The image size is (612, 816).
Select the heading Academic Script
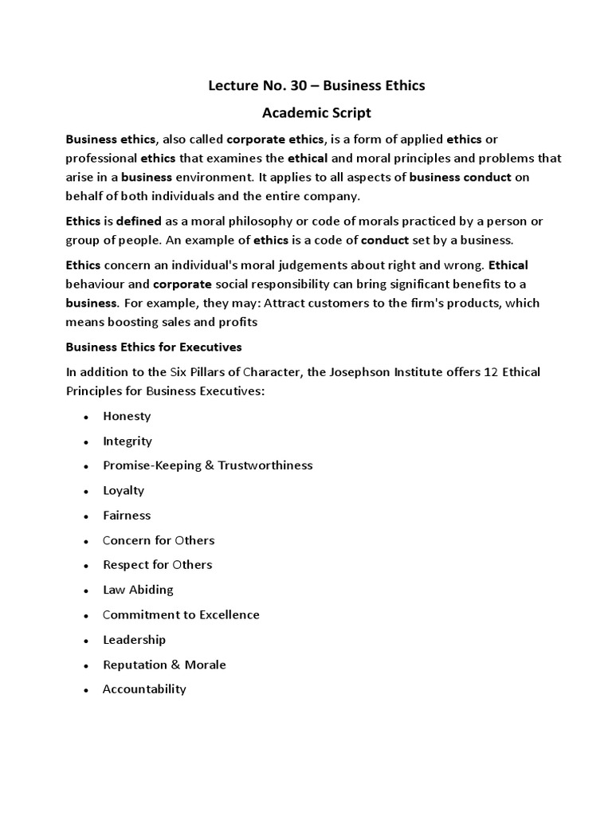(x=306, y=112)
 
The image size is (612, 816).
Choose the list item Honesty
(x=127, y=416)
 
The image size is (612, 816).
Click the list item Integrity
(x=127, y=441)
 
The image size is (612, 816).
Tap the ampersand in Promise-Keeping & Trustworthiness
(x=210, y=465)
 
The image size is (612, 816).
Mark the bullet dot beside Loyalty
(x=84, y=492)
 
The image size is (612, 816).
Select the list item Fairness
(x=127, y=515)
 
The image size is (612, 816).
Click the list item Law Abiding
(x=138, y=590)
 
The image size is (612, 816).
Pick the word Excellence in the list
(x=226, y=614)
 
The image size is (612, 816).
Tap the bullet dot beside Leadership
(x=84, y=641)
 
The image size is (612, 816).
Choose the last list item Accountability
(x=144, y=689)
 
